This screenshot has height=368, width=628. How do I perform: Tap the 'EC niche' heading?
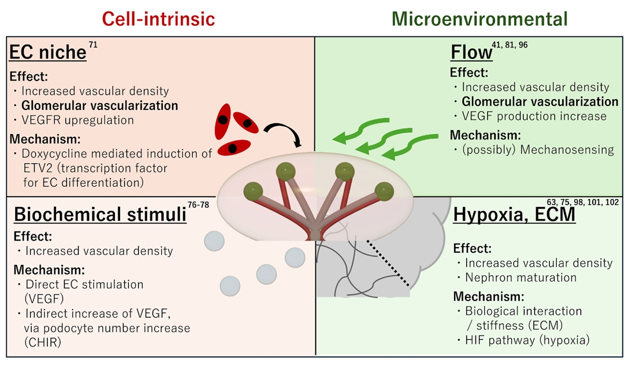47,53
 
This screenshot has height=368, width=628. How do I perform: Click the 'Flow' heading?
471,53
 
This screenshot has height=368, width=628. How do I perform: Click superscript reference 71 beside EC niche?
93,45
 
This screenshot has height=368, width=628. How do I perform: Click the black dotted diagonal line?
389,262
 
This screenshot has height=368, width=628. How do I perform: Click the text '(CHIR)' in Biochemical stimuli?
44,341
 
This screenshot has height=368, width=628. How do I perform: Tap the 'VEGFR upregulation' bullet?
78,120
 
